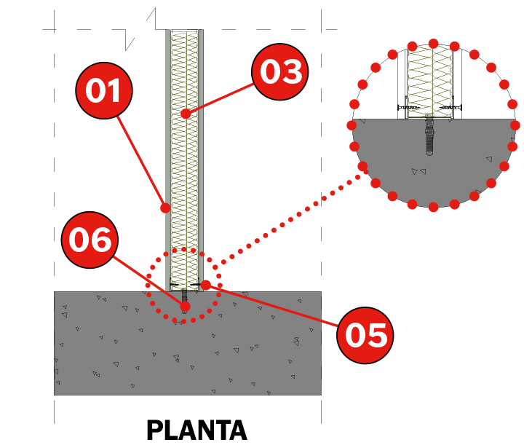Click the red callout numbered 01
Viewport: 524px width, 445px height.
(x=104, y=90)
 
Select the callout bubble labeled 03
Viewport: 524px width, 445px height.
(x=279, y=71)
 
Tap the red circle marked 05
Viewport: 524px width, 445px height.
(x=365, y=335)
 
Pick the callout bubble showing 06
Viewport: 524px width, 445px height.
(x=90, y=240)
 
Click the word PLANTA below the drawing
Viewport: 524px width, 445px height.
(x=196, y=430)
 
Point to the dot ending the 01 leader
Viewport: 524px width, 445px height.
(x=165, y=208)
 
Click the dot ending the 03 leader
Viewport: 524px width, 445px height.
(x=186, y=114)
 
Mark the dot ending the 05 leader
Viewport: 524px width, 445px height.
(x=205, y=285)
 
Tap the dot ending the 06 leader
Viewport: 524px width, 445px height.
(x=185, y=306)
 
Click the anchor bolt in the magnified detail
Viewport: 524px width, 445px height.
(x=429, y=135)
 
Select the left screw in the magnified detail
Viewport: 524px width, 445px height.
(x=408, y=107)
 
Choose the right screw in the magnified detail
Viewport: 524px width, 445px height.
(x=450, y=107)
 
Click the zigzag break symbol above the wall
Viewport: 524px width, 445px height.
(x=140, y=29)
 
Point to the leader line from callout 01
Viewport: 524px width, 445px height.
(x=140, y=162)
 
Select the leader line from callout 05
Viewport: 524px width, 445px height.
(x=271, y=306)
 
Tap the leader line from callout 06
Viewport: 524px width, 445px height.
(x=148, y=281)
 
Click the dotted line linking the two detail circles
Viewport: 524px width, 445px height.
(x=290, y=220)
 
